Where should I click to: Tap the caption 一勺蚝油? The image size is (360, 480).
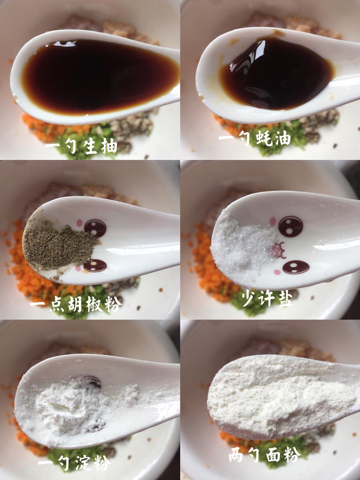[x=255, y=139]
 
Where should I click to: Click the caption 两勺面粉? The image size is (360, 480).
[x=265, y=455]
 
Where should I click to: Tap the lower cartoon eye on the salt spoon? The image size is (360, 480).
[x=296, y=267]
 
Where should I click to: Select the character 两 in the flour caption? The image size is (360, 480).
[x=236, y=456]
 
